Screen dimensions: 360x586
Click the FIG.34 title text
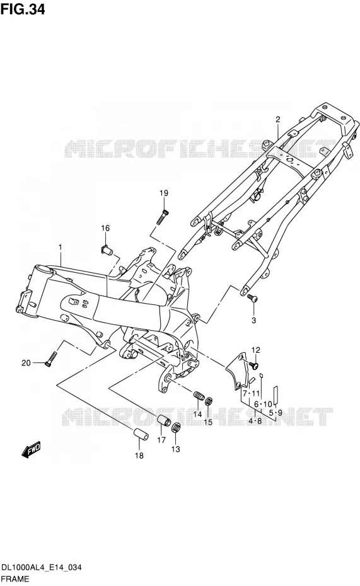coord(23,9)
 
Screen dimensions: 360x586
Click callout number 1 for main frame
coord(60,247)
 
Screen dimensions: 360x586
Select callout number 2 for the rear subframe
coord(278,120)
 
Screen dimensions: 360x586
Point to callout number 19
coord(164,193)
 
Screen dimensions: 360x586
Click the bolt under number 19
coord(163,217)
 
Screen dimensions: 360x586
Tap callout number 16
coord(105,228)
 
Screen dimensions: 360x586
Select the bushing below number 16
coord(108,250)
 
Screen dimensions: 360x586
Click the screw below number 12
coord(255,364)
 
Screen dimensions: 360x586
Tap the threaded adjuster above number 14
coord(199,395)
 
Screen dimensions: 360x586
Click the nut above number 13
coord(177,427)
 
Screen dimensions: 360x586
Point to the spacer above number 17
coord(163,421)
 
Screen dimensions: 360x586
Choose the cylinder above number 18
coord(140,434)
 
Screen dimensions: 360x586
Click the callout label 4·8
coord(255,421)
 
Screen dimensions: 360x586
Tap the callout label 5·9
coord(276,413)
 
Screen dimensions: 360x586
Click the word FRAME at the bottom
coord(15,579)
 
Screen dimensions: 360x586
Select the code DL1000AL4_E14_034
coord(42,568)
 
